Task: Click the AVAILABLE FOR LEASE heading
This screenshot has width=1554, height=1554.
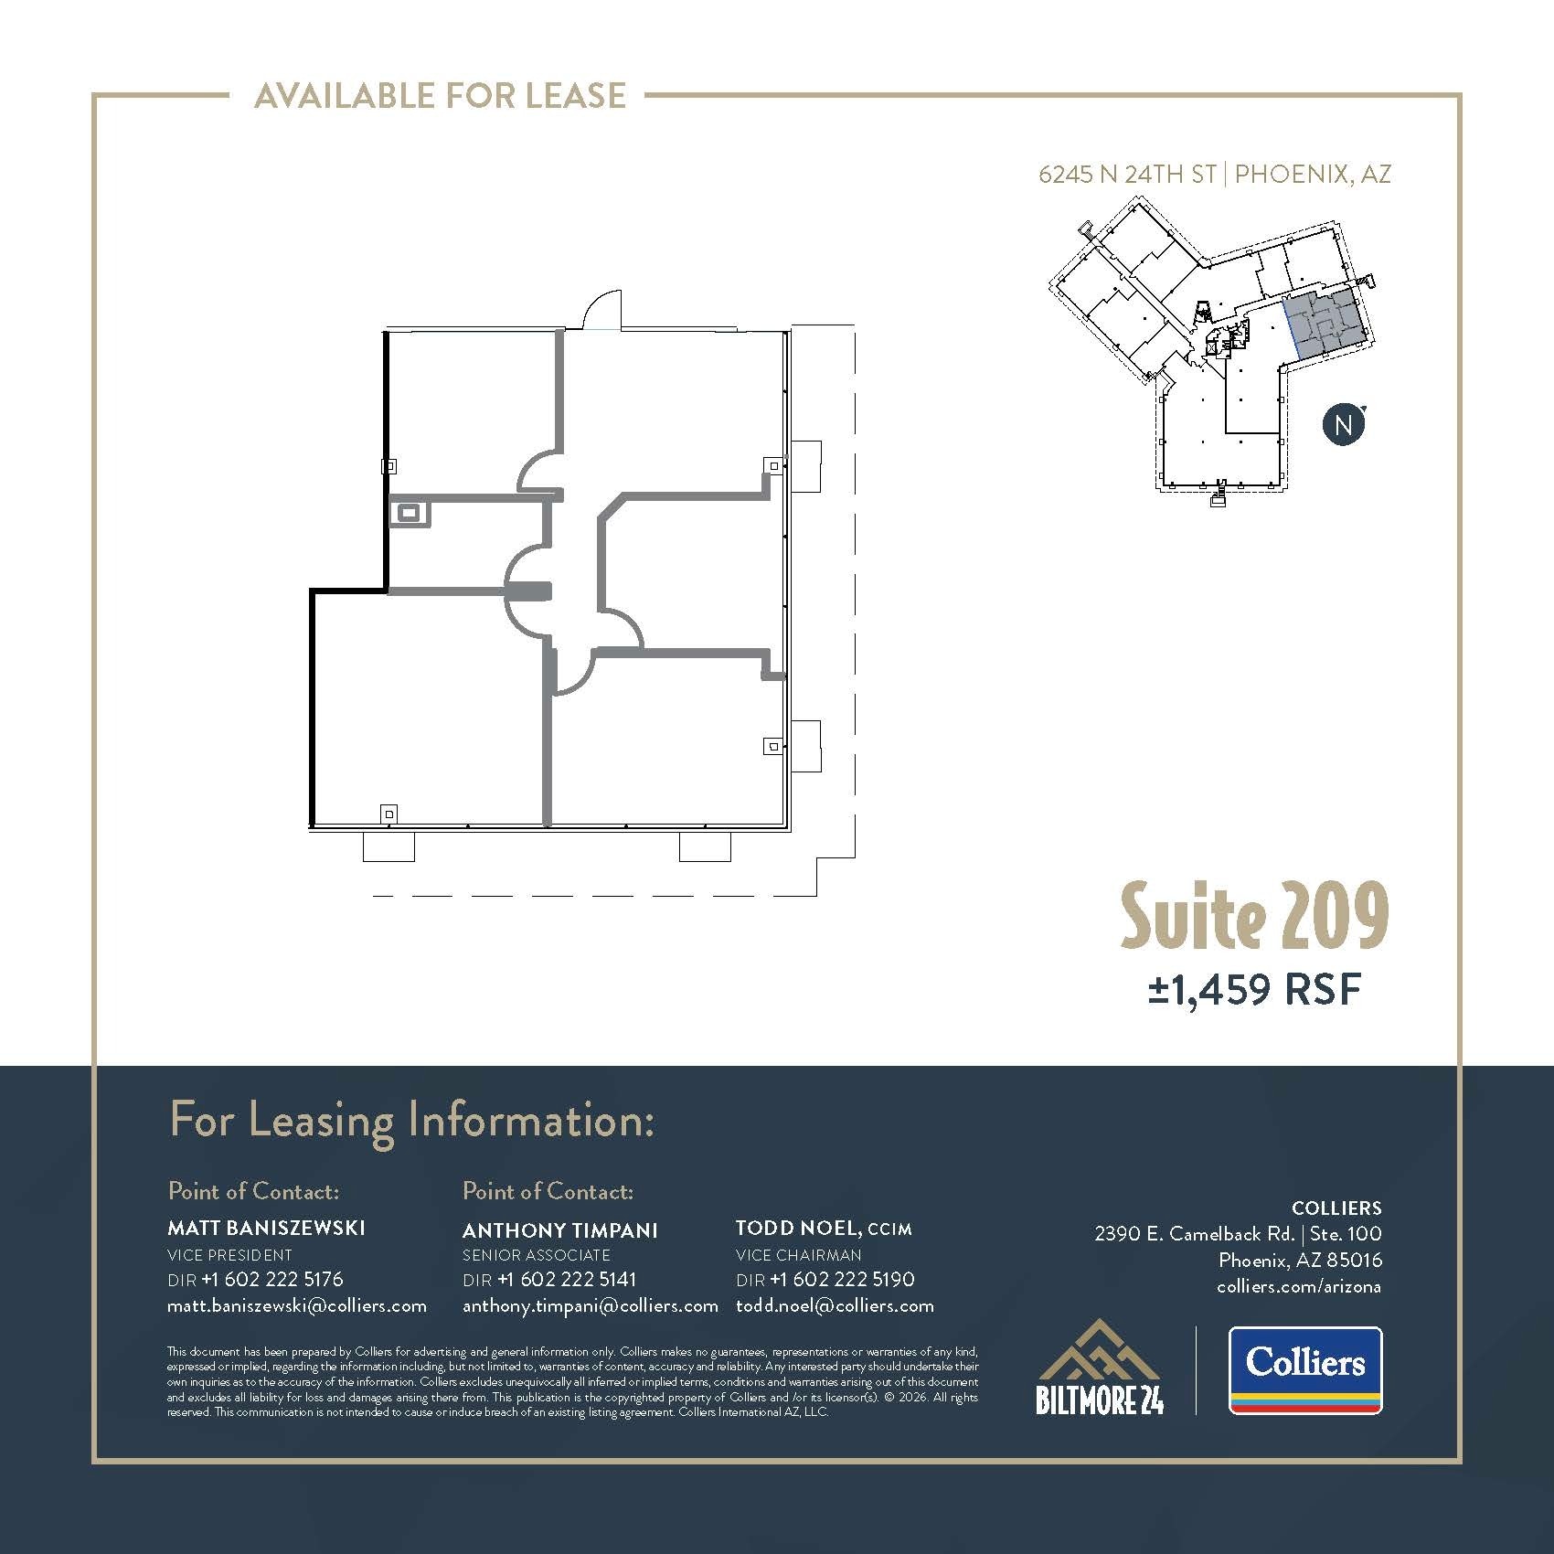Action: (x=440, y=95)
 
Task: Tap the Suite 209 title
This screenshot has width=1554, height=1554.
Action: (x=1254, y=915)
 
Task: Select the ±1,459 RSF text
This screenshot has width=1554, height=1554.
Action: (x=1255, y=989)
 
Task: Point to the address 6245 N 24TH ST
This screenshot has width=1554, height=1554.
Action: (x=1127, y=175)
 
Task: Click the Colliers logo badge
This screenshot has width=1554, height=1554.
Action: (x=1304, y=1370)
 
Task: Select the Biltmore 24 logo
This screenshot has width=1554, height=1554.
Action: (x=1100, y=1368)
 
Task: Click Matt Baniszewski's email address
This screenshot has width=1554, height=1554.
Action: (x=297, y=1305)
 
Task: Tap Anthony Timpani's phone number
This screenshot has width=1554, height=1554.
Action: (x=567, y=1279)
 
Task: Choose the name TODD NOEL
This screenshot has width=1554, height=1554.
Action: (x=797, y=1228)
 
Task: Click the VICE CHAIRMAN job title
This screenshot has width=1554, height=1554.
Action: (x=799, y=1255)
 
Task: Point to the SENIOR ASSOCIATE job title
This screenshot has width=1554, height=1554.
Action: (x=536, y=1255)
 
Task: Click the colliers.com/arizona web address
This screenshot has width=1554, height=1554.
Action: (x=1299, y=1286)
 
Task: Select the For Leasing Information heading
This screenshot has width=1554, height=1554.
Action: (x=412, y=1121)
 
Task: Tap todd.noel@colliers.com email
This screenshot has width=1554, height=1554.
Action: (x=835, y=1305)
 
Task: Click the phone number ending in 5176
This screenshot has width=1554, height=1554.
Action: (x=272, y=1279)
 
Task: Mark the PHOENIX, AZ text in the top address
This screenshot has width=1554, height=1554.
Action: (x=1313, y=175)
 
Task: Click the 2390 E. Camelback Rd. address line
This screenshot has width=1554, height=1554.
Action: (x=1194, y=1233)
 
